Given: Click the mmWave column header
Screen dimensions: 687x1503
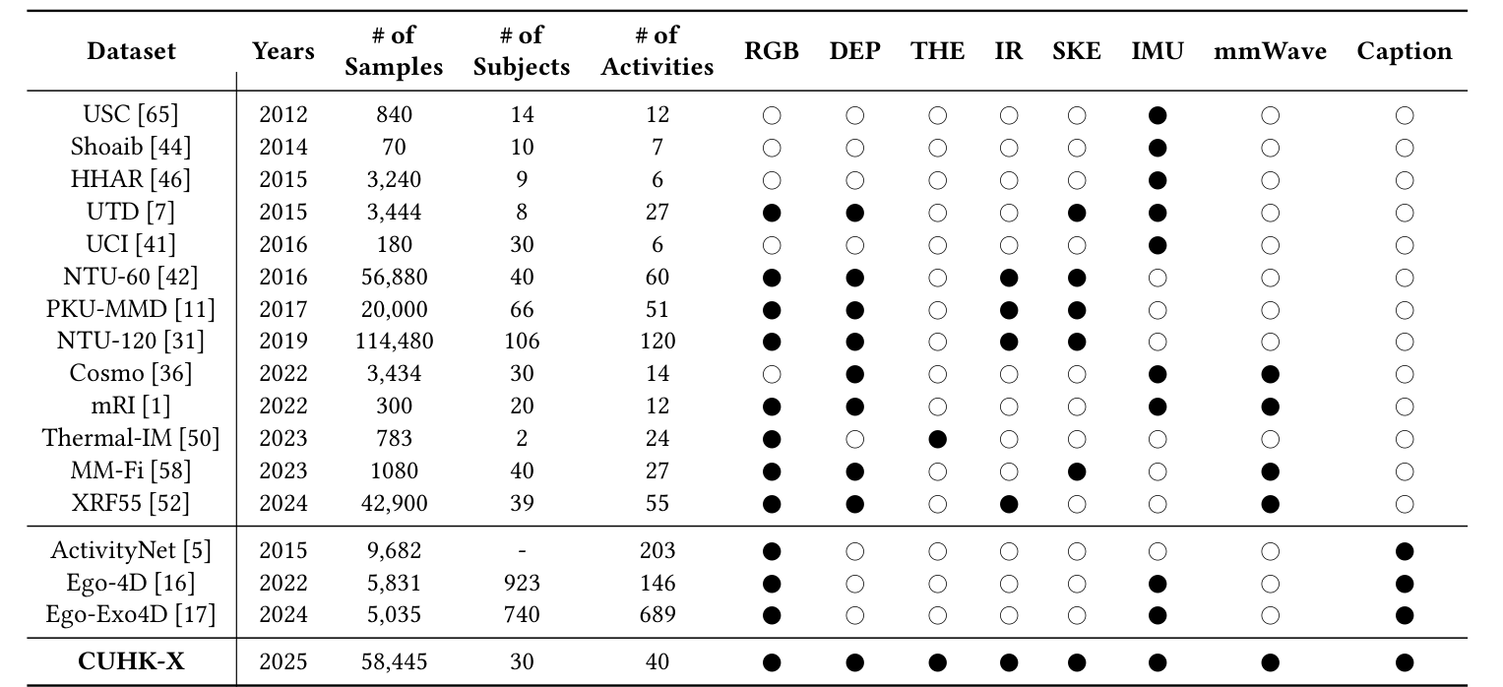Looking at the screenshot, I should click(1270, 51).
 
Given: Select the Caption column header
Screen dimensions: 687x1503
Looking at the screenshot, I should click(1404, 51).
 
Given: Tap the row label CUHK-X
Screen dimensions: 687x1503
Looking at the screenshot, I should click(131, 661).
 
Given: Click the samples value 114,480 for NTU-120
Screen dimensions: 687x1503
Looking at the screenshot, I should click(394, 341).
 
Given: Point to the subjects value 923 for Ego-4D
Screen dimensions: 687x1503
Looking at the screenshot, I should click(522, 583).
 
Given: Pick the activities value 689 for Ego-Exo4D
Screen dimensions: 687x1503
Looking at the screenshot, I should click(657, 615).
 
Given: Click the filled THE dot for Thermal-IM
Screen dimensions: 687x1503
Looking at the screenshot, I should click(937, 438).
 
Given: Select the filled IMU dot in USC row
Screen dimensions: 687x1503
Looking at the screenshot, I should click(1158, 115).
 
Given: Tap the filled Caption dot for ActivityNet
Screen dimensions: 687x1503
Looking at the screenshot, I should click(1405, 551).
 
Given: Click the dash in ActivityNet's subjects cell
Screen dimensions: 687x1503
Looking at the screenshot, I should click(522, 551).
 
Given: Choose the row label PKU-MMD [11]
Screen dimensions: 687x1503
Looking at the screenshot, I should click(131, 309).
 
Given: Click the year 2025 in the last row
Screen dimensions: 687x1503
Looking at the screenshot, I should click(283, 661).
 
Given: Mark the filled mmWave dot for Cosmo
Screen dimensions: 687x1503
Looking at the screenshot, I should click(1270, 374).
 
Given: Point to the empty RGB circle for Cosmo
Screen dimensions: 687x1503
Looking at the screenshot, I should click(772, 374).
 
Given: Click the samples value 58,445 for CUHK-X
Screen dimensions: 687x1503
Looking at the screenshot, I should click(394, 661).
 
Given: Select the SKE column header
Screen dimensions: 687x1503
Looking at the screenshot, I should click(1077, 51).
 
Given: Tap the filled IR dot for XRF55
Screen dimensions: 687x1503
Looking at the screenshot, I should click(1009, 504).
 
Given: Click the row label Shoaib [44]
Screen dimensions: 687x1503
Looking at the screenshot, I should click(131, 148).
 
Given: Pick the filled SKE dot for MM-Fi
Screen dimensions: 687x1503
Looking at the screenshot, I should click(1077, 470).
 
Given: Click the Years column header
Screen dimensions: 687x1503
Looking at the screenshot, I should click(283, 51).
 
